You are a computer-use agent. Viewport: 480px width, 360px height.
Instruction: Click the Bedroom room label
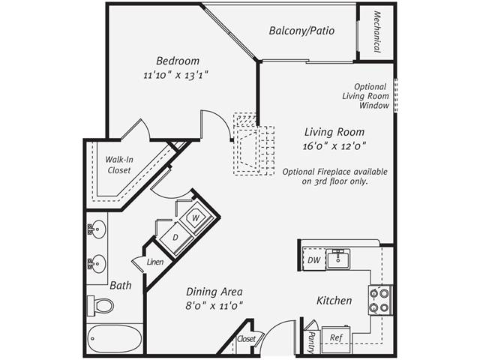[x=178, y=61]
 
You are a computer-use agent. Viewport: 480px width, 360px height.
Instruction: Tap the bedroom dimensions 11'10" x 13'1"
[x=175, y=75]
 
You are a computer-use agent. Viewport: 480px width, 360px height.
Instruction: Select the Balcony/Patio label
[x=301, y=31]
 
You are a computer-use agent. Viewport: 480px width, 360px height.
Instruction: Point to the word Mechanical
[x=376, y=32]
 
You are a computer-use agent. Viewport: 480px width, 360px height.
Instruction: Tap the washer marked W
[x=195, y=217]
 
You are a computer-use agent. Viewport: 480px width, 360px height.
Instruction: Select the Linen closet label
[x=155, y=262]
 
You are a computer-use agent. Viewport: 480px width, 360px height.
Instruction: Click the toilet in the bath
[x=100, y=305]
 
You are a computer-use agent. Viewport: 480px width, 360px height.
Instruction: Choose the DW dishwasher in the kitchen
[x=314, y=259]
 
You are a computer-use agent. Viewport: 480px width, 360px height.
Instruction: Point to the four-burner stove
[x=379, y=298]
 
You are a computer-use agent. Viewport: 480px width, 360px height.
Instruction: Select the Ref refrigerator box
[x=337, y=338]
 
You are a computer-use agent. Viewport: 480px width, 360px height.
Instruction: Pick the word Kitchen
[x=334, y=301]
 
